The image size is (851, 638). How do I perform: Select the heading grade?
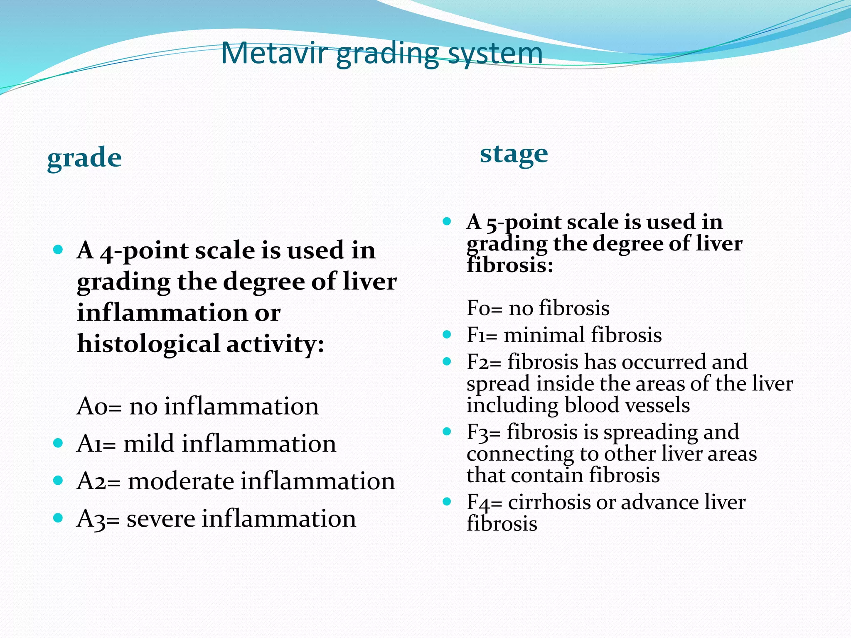pos(84,158)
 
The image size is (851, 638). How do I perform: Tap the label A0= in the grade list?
pos(99,406)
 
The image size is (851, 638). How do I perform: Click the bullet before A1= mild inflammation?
pos(58,443)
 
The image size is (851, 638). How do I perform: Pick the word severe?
pos(160,519)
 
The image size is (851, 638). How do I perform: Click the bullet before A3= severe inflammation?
pos(58,518)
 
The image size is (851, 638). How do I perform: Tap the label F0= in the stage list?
pos(485,308)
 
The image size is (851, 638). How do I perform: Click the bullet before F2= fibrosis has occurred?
pos(447,361)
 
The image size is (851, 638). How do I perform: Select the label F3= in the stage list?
pos(483,432)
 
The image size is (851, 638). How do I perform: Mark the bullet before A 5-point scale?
pos(447,221)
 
